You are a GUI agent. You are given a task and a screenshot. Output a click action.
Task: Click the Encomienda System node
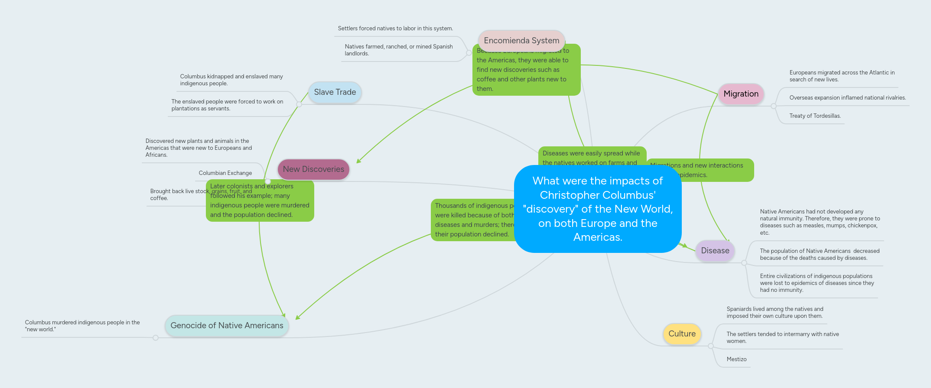tap(521, 40)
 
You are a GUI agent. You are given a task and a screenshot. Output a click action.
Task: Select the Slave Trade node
tap(335, 92)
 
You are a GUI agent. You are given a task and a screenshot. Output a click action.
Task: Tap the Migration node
tap(741, 94)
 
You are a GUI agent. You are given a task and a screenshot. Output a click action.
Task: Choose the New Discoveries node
tap(313, 169)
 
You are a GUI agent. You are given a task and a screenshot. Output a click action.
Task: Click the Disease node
tap(715, 251)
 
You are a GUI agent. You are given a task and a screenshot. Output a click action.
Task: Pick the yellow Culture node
tap(682, 334)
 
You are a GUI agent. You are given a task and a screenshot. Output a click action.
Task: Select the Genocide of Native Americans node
tap(227, 326)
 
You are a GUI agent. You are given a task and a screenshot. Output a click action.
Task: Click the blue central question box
tap(597, 209)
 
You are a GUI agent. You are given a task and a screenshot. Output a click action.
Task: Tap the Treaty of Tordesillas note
tap(815, 116)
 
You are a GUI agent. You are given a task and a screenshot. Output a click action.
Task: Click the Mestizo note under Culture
tap(736, 359)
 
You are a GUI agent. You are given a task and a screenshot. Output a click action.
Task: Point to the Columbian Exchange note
tap(225, 173)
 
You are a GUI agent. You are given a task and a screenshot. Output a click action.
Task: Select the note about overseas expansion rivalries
tap(847, 98)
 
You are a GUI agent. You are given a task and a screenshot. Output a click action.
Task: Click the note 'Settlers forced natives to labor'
tap(395, 29)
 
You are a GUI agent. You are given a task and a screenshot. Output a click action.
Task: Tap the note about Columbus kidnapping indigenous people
tap(231, 80)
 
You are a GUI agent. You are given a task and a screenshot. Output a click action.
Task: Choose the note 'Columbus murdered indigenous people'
tap(82, 326)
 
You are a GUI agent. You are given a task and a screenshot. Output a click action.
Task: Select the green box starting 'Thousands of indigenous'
tap(472, 220)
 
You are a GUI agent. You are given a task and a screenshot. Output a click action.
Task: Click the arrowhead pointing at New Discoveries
tap(358, 162)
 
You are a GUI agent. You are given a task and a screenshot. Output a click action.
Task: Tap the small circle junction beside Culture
tap(711, 346)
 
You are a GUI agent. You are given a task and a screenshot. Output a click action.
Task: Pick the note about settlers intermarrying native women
tap(782, 337)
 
